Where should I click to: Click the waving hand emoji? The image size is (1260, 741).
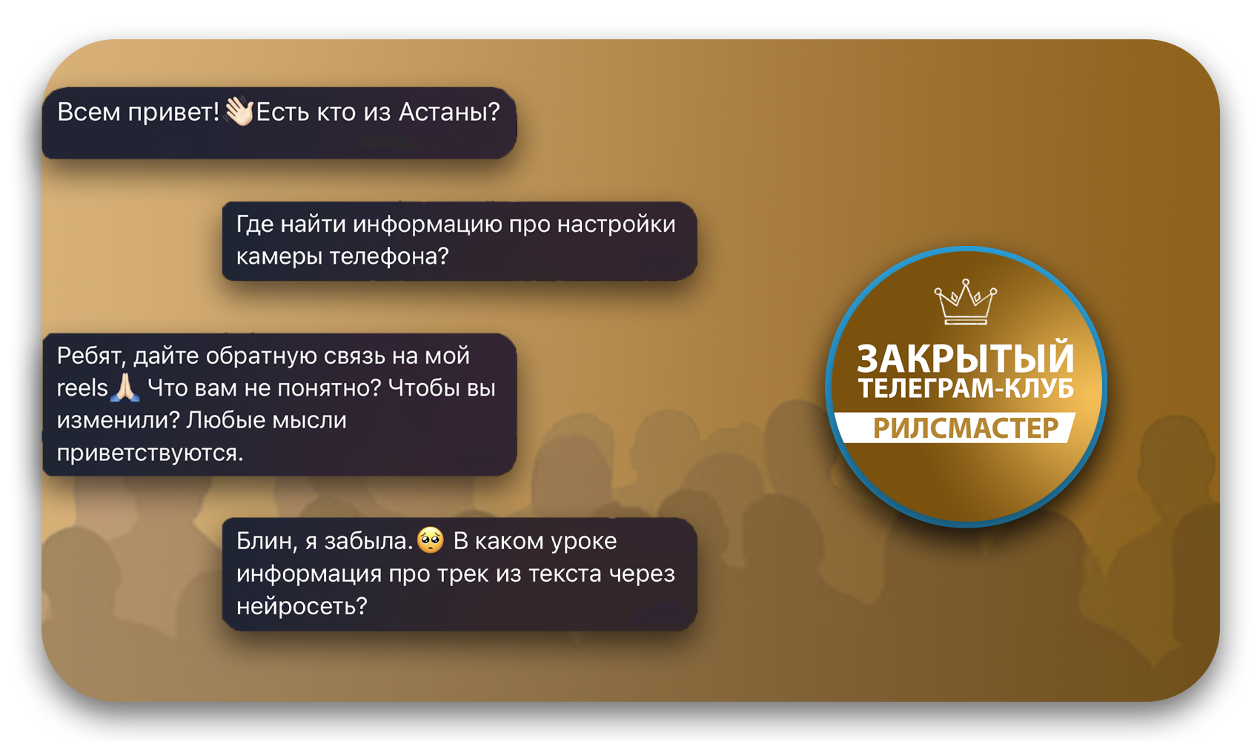point(239,111)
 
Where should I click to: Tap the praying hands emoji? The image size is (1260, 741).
point(125,388)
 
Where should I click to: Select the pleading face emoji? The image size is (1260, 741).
point(431,540)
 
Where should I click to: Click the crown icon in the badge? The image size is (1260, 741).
point(965,302)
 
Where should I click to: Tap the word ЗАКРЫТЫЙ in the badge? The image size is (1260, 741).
point(965,358)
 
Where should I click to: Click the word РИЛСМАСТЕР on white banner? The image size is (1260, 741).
point(965,428)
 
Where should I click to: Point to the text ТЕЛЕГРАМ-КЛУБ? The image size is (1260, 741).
point(965,388)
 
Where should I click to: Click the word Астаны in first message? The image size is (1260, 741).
point(449,112)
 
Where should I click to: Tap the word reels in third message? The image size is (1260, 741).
point(82,388)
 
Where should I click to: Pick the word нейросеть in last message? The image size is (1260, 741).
point(302,606)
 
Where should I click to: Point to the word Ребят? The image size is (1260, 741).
point(92,356)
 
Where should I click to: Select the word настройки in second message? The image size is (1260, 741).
point(616,225)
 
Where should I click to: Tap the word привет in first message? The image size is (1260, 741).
point(173,113)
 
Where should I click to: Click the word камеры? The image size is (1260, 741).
point(279,257)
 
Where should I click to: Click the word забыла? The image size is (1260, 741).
point(368,541)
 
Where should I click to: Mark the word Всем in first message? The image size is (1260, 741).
point(89,112)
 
